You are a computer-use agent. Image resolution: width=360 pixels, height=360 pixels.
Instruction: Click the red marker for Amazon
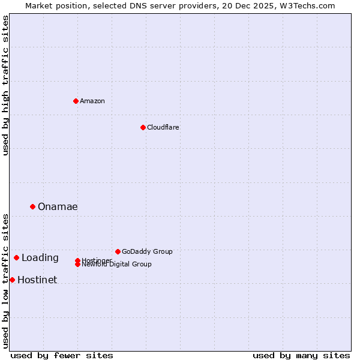[x=76, y=101]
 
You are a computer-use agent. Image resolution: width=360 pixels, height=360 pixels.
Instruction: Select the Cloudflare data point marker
[x=143, y=127]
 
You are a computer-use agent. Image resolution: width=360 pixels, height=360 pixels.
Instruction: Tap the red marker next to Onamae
[x=32, y=206]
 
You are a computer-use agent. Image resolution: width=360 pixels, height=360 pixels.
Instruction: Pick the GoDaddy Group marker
[x=118, y=251]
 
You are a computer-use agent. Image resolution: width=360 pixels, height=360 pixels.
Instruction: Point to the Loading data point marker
[x=16, y=257]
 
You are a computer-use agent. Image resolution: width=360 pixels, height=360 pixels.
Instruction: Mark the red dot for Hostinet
[x=12, y=280]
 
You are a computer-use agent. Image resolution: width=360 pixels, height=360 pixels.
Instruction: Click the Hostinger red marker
[x=77, y=260]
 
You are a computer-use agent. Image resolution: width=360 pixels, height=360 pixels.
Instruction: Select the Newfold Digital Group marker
[x=78, y=265]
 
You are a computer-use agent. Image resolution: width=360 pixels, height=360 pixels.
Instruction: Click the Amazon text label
[x=92, y=101]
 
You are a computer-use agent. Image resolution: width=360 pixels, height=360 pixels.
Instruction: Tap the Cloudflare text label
[x=163, y=127]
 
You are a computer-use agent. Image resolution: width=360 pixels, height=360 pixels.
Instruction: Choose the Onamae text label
[x=58, y=207]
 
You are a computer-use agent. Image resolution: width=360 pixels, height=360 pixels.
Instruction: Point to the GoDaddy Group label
[x=147, y=251]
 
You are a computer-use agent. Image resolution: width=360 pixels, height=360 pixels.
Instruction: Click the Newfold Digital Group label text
[x=117, y=265]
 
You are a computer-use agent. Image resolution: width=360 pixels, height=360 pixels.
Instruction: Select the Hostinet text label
[x=37, y=280]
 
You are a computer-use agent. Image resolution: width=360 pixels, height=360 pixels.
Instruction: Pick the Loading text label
[x=40, y=258]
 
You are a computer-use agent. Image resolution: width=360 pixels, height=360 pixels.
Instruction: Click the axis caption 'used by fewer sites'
[x=62, y=355]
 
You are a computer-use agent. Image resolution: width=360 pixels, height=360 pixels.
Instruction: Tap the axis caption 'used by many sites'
[x=301, y=355]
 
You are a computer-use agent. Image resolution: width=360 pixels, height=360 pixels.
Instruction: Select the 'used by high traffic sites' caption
[x=6, y=85]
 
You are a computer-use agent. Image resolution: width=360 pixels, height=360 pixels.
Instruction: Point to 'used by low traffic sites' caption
[x=6, y=280]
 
